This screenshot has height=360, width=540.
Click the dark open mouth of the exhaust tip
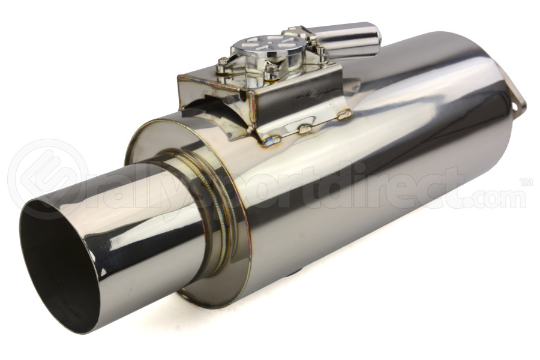click(x=57, y=264)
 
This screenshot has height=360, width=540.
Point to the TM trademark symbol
click(x=526, y=182)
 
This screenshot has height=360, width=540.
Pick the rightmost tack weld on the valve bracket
click(x=344, y=114)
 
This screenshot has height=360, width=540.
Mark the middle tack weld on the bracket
click(x=305, y=128)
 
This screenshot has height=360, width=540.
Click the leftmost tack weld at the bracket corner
click(x=271, y=141)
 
